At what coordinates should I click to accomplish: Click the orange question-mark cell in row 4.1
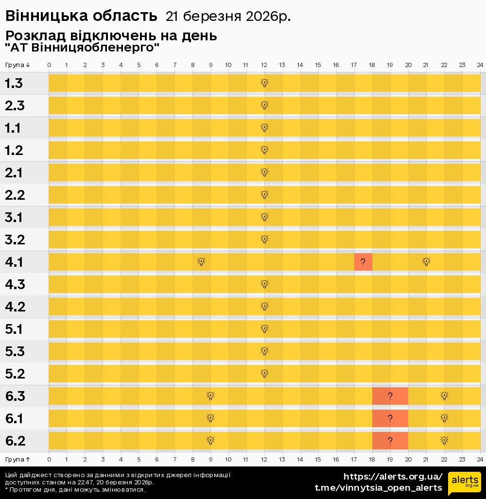(363, 262)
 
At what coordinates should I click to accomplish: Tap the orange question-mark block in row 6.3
(390, 396)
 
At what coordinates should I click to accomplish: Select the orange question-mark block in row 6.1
(390, 418)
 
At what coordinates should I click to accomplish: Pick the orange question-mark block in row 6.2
(390, 441)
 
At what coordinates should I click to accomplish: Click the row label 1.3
(14, 84)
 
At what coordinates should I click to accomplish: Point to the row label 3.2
(14, 240)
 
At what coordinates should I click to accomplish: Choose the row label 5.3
(15, 352)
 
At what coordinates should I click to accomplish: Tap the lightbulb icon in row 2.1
(264, 172)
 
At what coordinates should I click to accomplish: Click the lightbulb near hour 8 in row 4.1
(201, 262)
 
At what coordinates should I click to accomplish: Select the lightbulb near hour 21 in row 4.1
(426, 262)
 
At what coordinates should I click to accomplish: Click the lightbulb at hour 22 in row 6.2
(444, 441)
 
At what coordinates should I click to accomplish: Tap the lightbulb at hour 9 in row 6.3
(210, 396)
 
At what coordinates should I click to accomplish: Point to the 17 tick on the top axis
(354, 65)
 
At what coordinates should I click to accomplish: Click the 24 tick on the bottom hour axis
(480, 459)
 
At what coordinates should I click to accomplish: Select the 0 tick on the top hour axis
(49, 65)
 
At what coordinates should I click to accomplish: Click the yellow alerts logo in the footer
(465, 482)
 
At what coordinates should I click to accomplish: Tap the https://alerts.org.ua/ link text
(393, 477)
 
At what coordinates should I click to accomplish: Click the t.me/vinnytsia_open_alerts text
(379, 488)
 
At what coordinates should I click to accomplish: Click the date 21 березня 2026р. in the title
(228, 17)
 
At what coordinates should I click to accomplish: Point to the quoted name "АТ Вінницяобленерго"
(82, 48)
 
